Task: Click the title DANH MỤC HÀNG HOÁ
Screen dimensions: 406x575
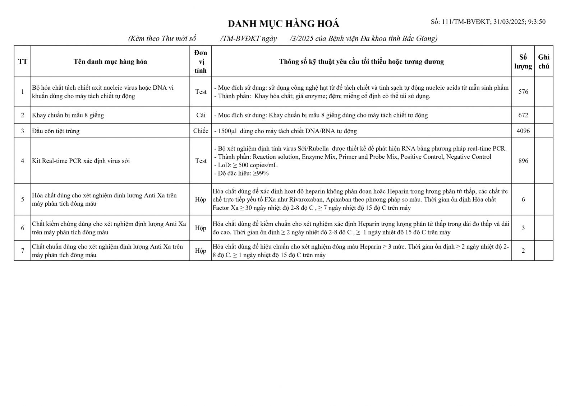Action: coord(284,24)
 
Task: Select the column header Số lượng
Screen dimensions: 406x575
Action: coord(523,61)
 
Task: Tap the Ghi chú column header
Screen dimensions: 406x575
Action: coord(544,61)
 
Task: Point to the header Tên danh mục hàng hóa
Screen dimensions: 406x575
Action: coord(110,61)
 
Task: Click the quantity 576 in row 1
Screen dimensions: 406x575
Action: coord(523,92)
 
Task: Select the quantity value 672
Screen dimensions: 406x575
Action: coord(523,115)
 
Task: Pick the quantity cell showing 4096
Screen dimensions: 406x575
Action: coord(523,131)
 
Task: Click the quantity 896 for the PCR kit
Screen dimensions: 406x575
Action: coord(523,161)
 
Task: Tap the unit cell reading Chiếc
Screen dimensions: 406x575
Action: coord(201,131)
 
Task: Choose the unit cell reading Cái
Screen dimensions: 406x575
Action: coord(201,115)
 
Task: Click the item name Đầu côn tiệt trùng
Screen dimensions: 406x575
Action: coord(56,131)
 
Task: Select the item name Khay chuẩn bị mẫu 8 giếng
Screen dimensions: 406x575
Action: coord(68,115)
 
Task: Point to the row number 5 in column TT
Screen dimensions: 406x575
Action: coord(23,199)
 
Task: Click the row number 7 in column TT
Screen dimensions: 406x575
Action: coord(23,251)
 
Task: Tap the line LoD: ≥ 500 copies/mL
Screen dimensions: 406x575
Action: coord(245,165)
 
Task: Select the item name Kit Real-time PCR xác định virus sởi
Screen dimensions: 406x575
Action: coord(81,161)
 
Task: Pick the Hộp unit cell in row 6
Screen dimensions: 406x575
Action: coord(201,228)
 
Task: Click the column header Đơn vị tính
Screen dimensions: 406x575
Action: coord(201,61)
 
